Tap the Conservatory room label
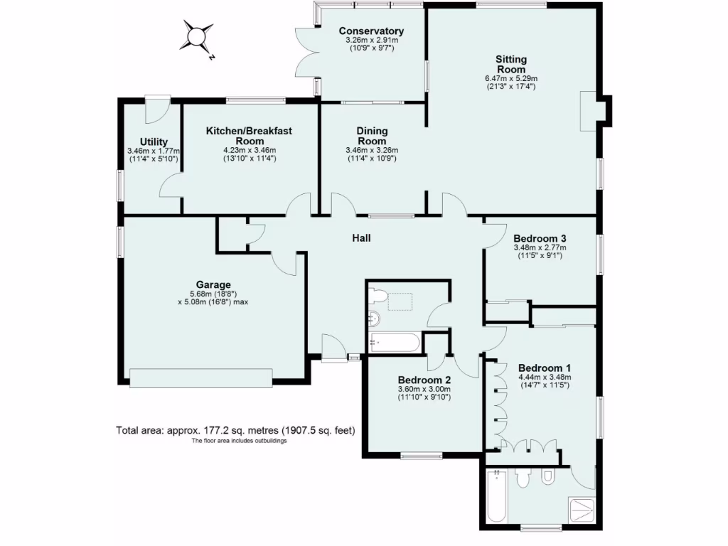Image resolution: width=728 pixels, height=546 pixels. pos(371,31)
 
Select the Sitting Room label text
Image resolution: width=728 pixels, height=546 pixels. pos(511,65)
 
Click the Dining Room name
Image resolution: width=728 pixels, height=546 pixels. pos(372,136)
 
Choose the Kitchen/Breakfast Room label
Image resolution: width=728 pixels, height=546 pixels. pos(249,136)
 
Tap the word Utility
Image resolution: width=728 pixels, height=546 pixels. pos(154,141)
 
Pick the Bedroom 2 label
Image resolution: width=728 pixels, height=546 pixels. pos(424,379)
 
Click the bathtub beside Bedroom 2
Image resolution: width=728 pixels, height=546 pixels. pos(395,343)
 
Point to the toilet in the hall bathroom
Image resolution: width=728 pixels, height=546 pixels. pos(378,296)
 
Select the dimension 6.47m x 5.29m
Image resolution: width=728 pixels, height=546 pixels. pos(511,78)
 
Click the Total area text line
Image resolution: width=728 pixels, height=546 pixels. pos(235,430)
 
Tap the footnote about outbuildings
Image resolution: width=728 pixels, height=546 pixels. pos(239,441)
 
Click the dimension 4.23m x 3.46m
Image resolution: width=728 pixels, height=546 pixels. pos(249,150)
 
